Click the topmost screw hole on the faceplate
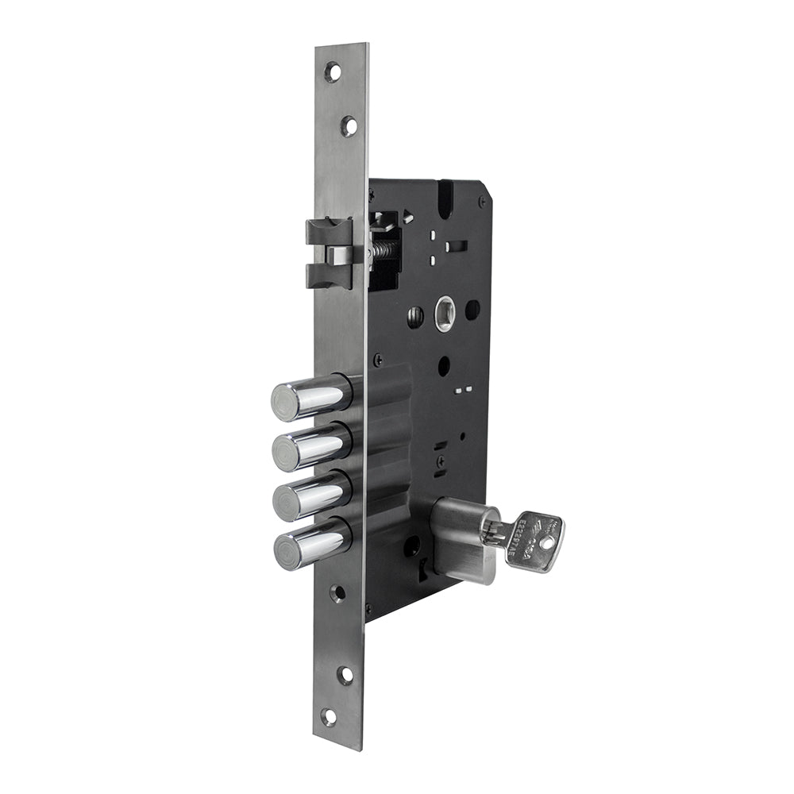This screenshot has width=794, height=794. pyautogui.click(x=333, y=72)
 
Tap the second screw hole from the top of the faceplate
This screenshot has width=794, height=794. pyautogui.click(x=349, y=126)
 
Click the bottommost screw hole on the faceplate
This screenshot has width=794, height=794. pyautogui.click(x=329, y=717)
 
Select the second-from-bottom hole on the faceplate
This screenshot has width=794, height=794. pyautogui.click(x=345, y=675)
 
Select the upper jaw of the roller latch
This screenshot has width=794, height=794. pyautogui.click(x=329, y=232)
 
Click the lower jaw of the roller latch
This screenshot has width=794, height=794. pyautogui.click(x=329, y=275)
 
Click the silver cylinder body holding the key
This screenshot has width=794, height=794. pyautogui.click(x=461, y=540)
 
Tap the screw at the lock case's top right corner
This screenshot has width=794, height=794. pyautogui.click(x=482, y=202)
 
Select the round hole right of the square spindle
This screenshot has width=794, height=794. pyautogui.click(x=472, y=310)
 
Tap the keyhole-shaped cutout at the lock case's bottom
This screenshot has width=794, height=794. pyautogui.click(x=423, y=565)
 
